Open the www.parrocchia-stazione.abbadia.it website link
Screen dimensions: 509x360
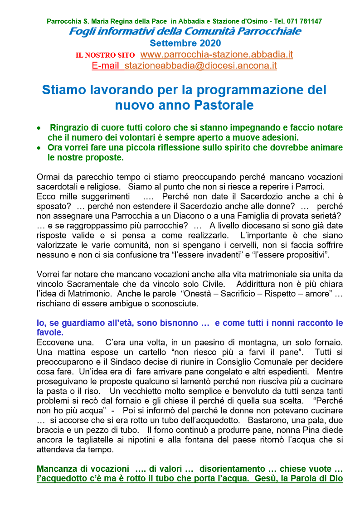217,55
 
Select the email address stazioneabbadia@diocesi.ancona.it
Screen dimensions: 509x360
200,66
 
